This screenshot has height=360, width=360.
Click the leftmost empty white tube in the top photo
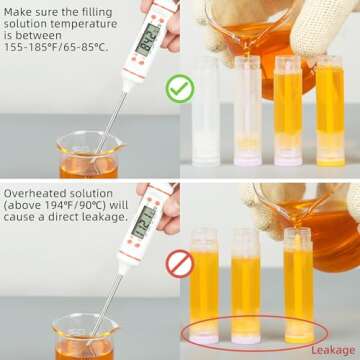(x=206, y=110)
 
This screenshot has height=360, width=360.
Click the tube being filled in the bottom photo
(x=298, y=285)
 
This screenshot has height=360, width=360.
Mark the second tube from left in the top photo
(x=247, y=110)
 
